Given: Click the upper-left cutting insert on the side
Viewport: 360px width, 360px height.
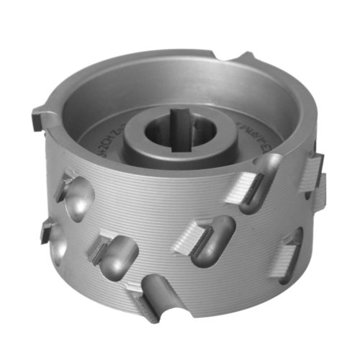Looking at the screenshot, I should pos(66,185).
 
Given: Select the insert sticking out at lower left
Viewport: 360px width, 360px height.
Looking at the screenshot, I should pos(47,230).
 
